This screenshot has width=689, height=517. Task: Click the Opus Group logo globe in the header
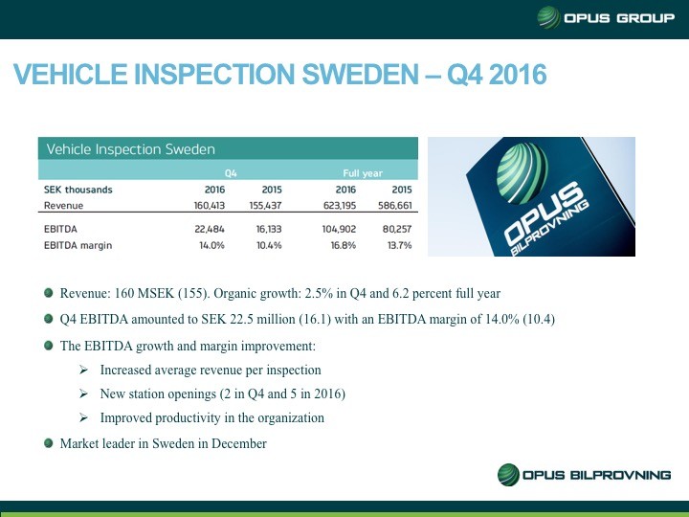[x=549, y=18]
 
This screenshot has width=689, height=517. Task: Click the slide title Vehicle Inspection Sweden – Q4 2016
[x=278, y=75]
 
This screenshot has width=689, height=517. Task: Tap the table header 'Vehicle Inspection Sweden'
[x=131, y=149]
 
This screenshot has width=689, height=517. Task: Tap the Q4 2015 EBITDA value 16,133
[x=264, y=230]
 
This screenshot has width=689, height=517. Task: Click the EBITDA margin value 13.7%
[x=398, y=246]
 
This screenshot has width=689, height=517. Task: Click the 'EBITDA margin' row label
[x=78, y=246]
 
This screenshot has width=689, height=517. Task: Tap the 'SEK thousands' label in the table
[x=78, y=190]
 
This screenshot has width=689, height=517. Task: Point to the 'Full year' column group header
[x=364, y=173]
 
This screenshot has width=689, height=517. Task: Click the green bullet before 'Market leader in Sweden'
[x=49, y=444]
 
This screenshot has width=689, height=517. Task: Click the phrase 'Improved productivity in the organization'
[x=211, y=418]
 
